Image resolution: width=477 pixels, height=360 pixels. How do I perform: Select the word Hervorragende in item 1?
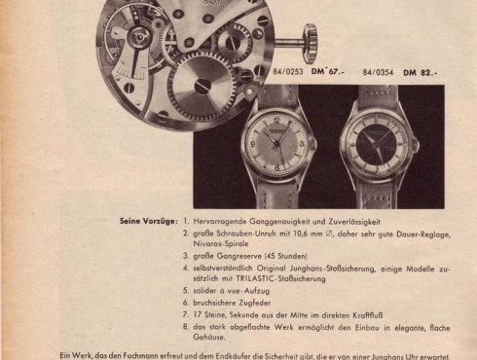[x=216, y=221]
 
